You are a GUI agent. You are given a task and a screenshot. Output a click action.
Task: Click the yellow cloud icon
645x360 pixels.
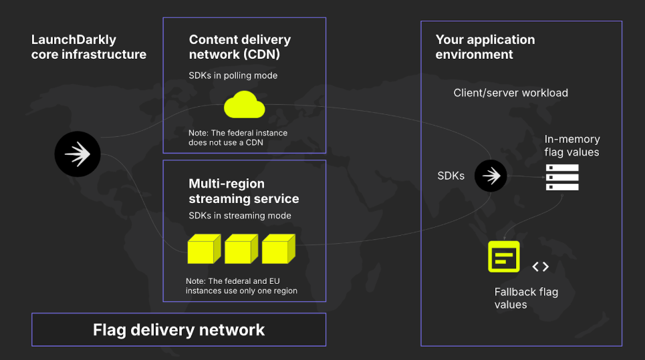click(x=245, y=105)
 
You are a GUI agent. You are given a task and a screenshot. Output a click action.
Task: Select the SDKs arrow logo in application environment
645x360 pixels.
click(x=491, y=176)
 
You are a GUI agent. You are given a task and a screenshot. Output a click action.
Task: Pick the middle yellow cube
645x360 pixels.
click(x=241, y=248)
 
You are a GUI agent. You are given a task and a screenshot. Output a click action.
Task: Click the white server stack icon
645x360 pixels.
click(x=562, y=177)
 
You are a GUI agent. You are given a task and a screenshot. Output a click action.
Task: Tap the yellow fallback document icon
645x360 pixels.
click(x=504, y=256)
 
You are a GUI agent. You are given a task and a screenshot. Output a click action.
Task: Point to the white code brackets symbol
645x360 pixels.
click(x=540, y=267)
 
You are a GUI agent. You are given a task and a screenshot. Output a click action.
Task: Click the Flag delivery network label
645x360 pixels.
click(x=178, y=330)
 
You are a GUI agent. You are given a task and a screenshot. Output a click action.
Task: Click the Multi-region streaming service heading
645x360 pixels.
click(x=243, y=191)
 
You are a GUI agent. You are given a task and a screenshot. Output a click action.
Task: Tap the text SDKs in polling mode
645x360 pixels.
click(x=233, y=75)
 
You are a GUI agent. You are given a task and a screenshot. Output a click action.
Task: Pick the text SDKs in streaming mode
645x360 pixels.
click(x=239, y=216)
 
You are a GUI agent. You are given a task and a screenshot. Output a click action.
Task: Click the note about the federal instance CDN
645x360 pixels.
click(x=237, y=138)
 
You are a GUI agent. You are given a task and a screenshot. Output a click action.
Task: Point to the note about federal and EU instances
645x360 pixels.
click(x=241, y=286)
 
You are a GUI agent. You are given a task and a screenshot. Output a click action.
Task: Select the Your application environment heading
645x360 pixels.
click(x=485, y=47)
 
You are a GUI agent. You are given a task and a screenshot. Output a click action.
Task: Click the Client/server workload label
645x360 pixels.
click(x=511, y=93)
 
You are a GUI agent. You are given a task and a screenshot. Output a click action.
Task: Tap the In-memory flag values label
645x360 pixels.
click(x=571, y=146)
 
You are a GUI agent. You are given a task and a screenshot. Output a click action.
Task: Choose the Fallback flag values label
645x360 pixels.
click(x=526, y=298)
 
